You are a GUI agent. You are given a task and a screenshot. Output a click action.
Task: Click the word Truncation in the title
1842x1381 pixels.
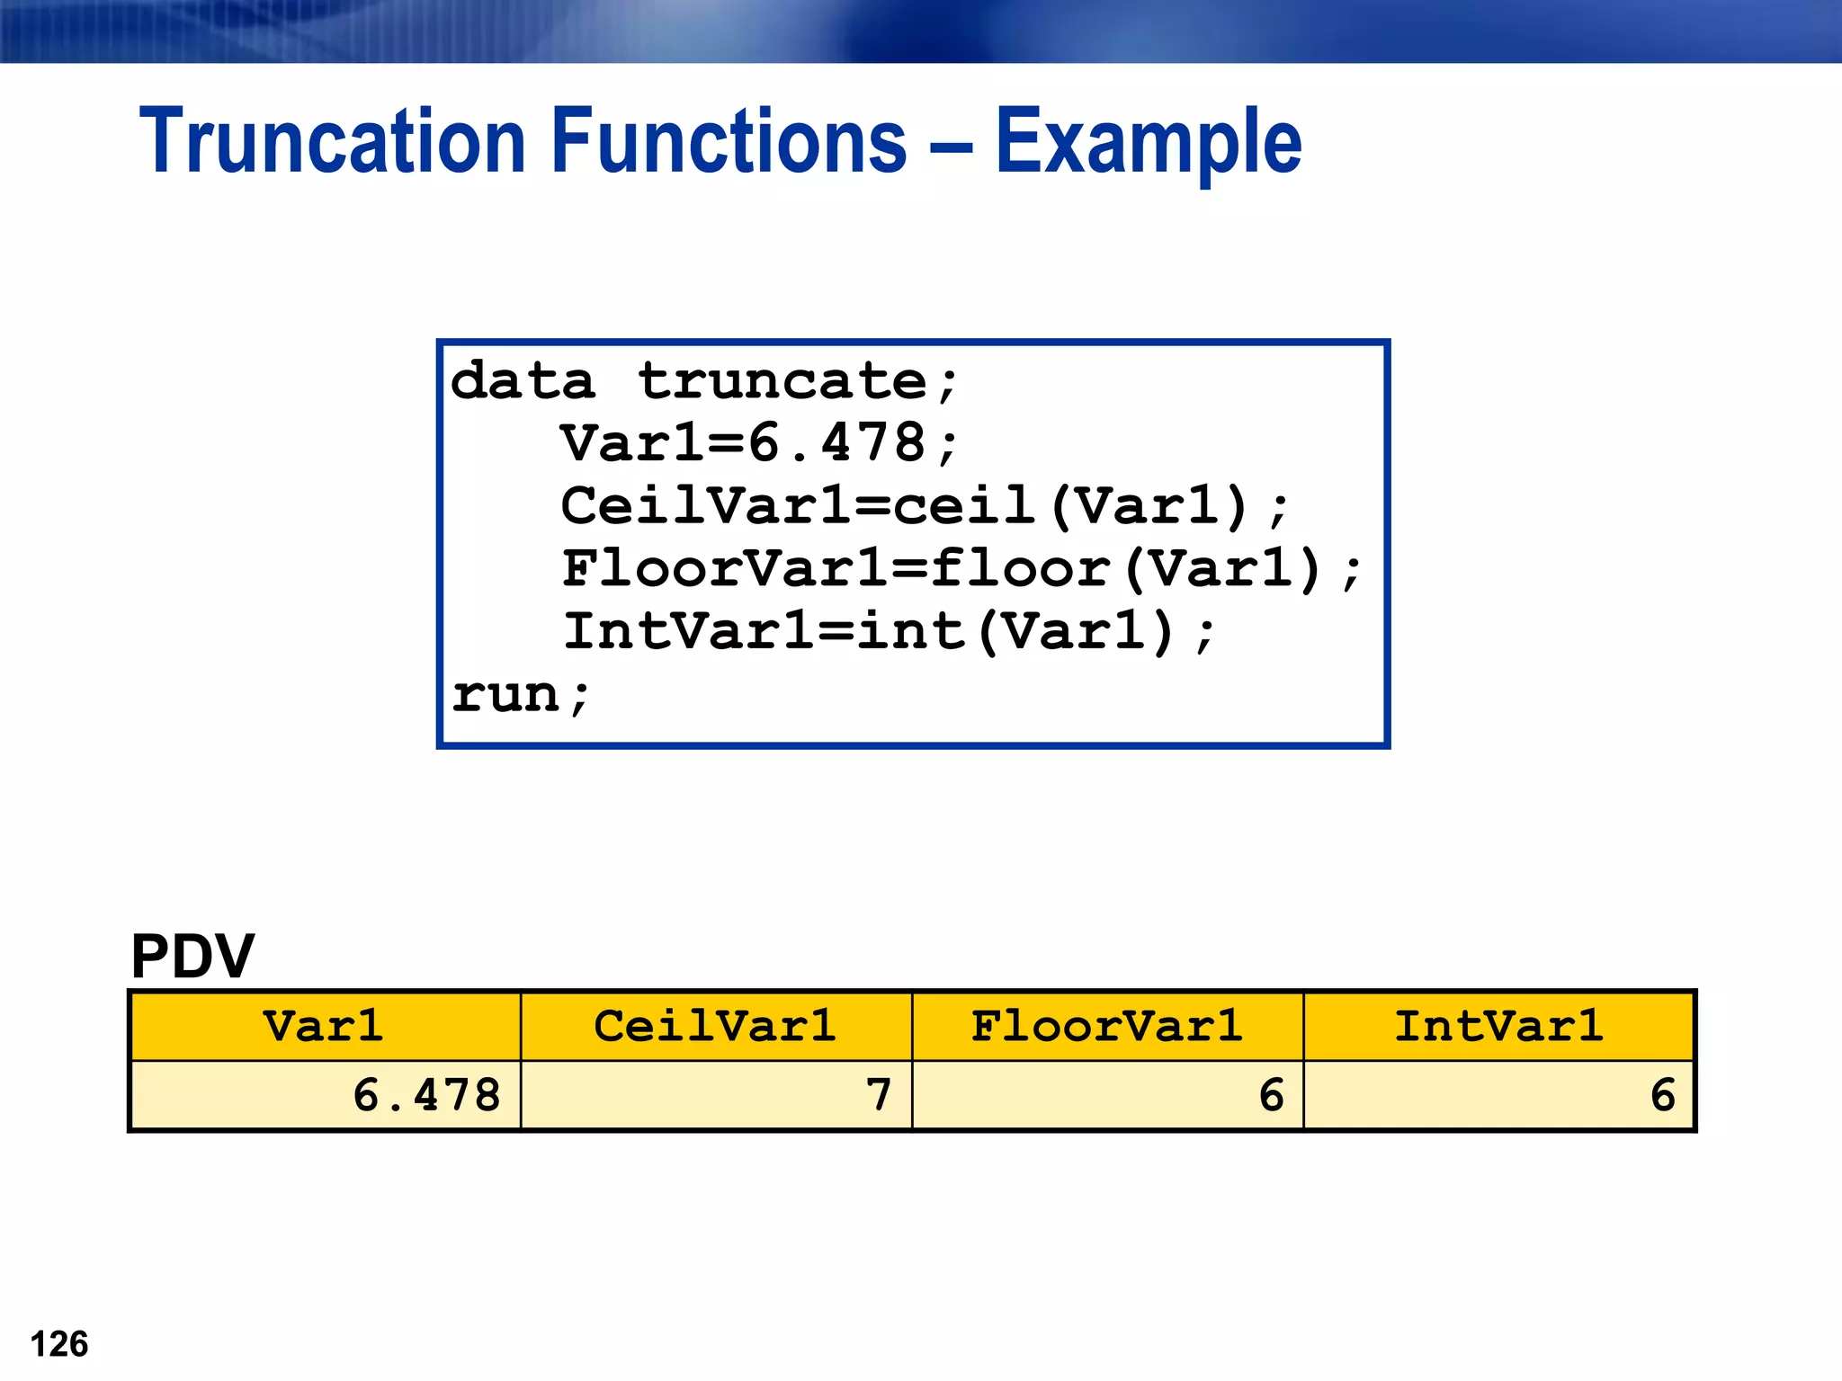332,141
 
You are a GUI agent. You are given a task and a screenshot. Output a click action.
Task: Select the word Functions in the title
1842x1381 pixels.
729,141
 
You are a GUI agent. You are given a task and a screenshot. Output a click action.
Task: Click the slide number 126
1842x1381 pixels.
59,1344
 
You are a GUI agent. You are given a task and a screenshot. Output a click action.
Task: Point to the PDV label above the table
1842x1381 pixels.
192,956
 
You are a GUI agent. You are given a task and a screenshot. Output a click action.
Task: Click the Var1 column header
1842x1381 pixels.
324,1026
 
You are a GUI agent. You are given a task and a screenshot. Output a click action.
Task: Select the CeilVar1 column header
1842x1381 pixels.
715,1026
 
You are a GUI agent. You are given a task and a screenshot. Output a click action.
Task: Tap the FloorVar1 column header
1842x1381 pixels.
1107,1026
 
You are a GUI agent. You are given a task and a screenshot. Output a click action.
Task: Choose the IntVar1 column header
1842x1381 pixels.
1498,1026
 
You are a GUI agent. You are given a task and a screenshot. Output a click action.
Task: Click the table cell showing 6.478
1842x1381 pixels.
426,1095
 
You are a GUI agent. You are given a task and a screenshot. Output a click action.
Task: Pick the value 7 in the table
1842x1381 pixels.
878,1095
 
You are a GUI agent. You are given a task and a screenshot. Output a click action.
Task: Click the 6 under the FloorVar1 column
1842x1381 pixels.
1271,1095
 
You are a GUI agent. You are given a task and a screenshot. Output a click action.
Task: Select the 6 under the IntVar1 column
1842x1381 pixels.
1663,1095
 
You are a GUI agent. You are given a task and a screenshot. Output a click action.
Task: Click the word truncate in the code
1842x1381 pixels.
782,381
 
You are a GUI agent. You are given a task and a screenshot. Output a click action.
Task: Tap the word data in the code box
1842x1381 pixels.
523,381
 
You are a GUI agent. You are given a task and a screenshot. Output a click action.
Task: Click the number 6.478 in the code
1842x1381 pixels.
836,443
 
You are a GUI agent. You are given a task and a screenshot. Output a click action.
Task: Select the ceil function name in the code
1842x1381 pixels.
964,506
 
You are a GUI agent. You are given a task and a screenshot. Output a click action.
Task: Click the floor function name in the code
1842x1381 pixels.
1020,569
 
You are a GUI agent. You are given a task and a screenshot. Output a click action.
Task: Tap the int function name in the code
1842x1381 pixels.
910,631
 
